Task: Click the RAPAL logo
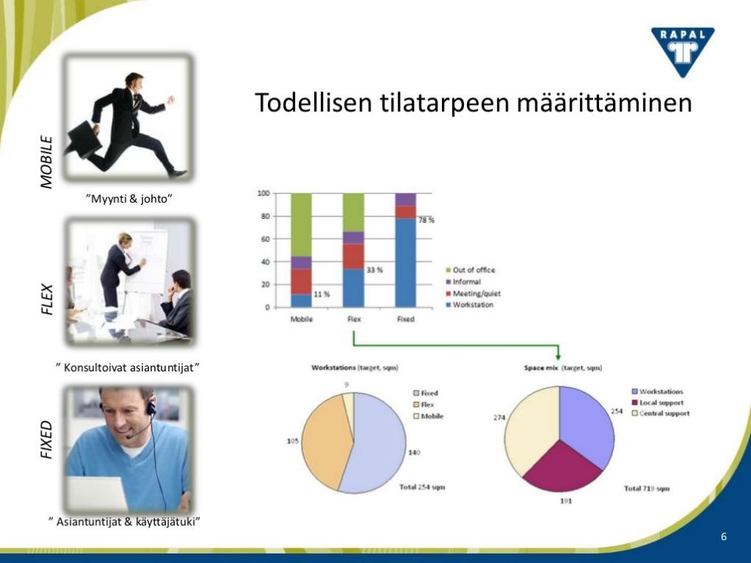682,52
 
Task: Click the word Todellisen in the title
314,102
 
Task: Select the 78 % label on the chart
426,220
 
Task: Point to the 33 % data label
375,270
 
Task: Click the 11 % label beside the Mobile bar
322,294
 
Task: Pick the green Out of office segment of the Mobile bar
301,225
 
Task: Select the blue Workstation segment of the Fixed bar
406,262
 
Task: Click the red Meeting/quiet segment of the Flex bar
353,256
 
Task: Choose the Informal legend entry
463,281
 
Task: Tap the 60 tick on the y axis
265,239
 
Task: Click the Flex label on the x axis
354,319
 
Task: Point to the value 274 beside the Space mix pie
499,418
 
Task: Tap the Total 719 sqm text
646,489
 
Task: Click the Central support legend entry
661,413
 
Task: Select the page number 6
724,536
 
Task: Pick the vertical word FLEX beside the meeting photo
46,299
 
